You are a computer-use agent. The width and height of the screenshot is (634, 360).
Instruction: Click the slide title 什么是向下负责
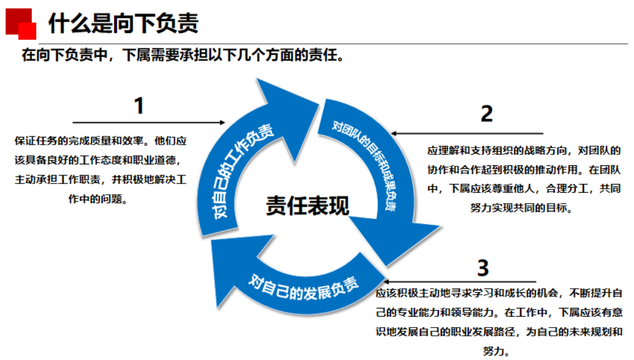(x=123, y=23)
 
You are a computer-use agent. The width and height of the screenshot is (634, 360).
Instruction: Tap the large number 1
(x=139, y=106)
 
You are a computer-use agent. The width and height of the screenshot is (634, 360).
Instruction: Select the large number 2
(x=486, y=114)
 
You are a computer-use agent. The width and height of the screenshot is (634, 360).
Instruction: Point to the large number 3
(x=483, y=268)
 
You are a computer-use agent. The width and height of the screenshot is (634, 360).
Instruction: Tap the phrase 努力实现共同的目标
(x=521, y=208)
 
